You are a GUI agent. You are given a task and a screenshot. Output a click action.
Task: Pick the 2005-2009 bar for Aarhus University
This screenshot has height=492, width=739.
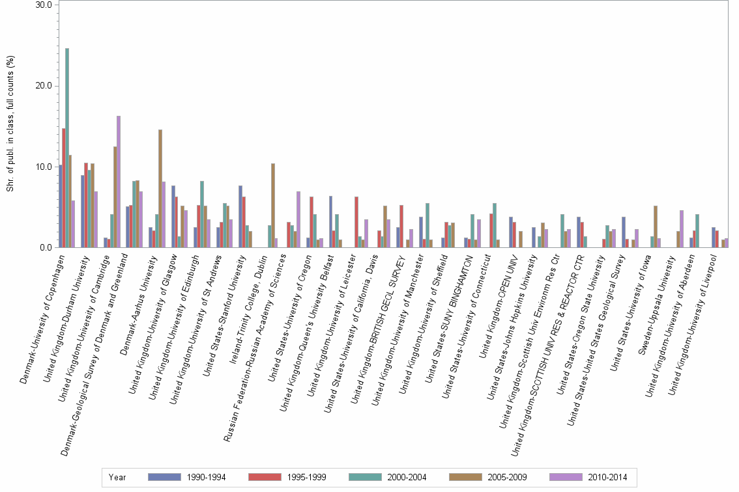pyautogui.click(x=160, y=189)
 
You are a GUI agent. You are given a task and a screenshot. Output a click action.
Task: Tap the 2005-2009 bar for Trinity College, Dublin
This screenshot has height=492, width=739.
pyautogui.click(x=273, y=206)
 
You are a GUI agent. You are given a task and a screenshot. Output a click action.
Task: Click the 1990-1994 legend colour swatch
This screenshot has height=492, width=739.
pyautogui.click(x=164, y=477)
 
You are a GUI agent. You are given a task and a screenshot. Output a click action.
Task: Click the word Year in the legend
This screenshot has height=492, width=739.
pyautogui.click(x=117, y=477)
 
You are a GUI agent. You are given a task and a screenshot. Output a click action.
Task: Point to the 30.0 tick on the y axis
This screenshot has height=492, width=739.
pyautogui.click(x=44, y=5)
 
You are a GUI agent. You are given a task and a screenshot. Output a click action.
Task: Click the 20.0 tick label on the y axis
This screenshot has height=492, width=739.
pyautogui.click(x=44, y=86)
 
